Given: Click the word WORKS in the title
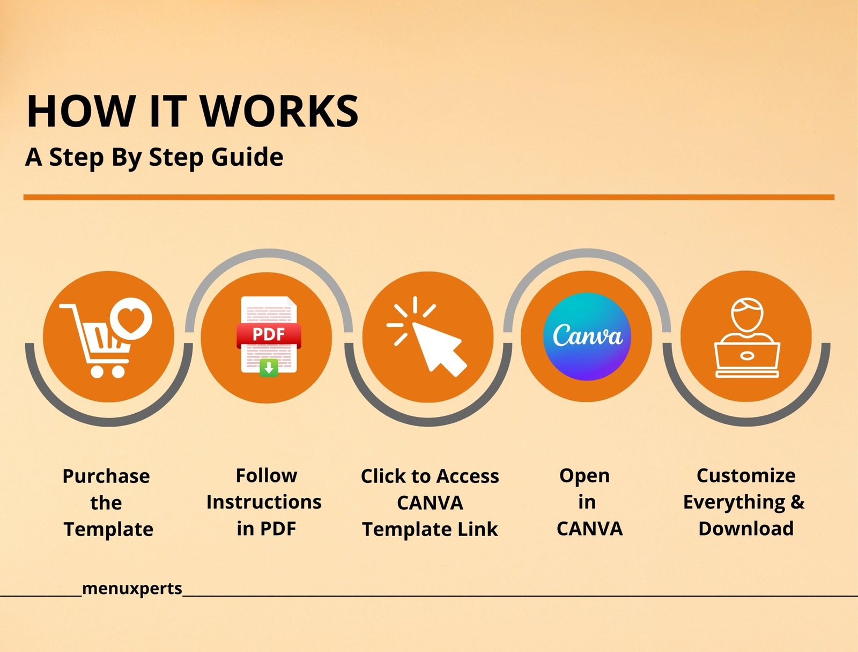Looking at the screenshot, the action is (x=279, y=111).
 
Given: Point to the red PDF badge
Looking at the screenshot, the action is (x=269, y=335).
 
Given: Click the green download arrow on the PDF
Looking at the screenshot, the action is (x=269, y=368).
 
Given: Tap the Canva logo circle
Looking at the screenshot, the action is (x=587, y=336).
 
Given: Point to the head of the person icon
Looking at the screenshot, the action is (x=747, y=314).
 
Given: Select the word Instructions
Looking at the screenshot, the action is (x=264, y=502).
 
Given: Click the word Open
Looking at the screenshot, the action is (x=585, y=477).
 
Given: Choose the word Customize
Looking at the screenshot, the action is (x=746, y=475).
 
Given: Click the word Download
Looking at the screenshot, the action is (x=746, y=529).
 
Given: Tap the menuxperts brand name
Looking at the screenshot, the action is (x=132, y=589).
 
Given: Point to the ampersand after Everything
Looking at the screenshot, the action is (x=797, y=502).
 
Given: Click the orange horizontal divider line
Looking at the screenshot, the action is (x=429, y=197).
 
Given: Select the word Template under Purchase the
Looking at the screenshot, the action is (x=108, y=530).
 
